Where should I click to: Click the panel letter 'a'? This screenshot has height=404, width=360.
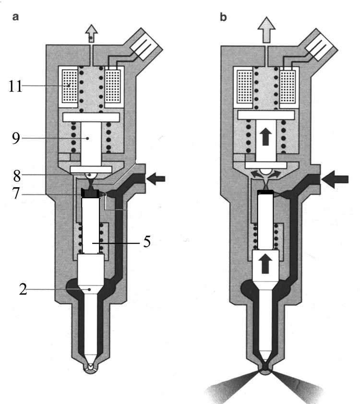(x=16, y=17)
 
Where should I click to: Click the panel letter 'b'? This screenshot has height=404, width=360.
(x=222, y=17)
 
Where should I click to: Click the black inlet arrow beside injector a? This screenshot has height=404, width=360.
(x=156, y=179)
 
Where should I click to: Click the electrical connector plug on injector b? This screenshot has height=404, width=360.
(x=318, y=43)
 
